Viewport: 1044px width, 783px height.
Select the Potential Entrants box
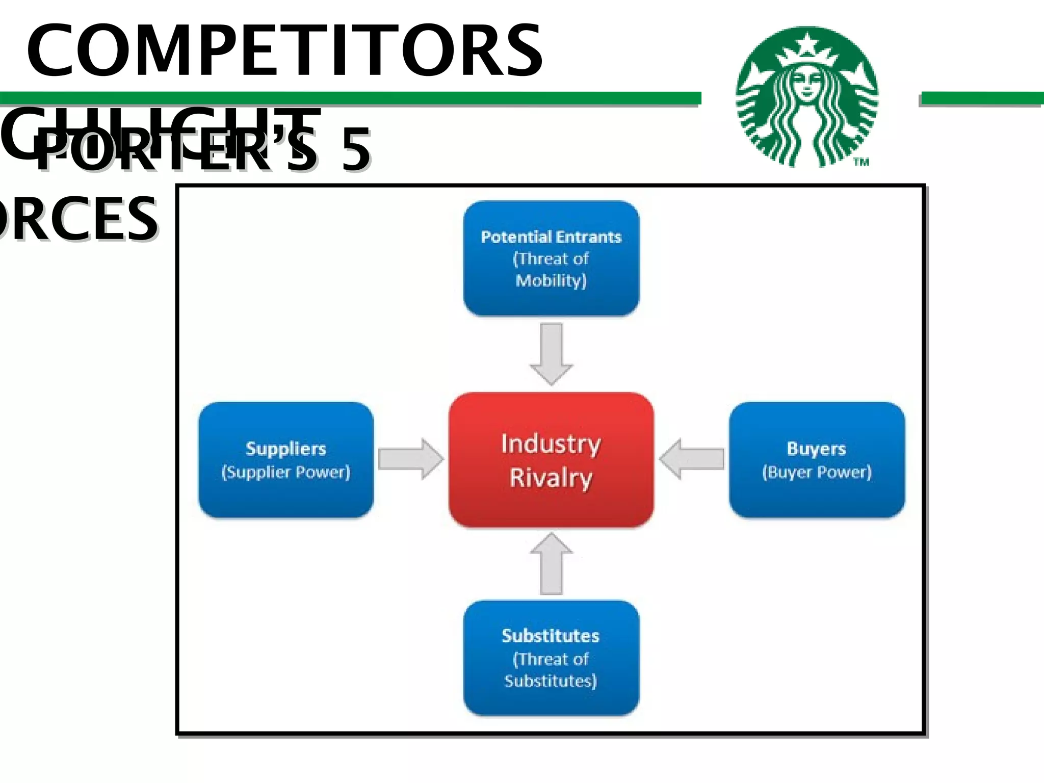[551, 258]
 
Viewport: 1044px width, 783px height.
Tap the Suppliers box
[286, 460]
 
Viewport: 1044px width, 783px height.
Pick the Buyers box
[817, 460]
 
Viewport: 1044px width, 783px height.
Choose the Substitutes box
[551, 658]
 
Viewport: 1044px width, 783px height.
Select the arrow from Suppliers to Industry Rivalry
[411, 459]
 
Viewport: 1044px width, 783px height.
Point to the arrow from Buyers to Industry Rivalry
[691, 459]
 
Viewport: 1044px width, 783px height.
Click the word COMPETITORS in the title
[284, 51]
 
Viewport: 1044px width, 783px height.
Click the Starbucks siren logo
[807, 97]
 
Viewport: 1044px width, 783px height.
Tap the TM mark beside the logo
[862, 162]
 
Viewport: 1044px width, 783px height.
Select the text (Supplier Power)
[286, 472]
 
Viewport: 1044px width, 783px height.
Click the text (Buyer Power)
[817, 472]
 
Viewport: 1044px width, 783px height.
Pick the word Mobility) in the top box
[551, 280]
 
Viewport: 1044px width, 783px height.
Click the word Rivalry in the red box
[551, 478]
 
